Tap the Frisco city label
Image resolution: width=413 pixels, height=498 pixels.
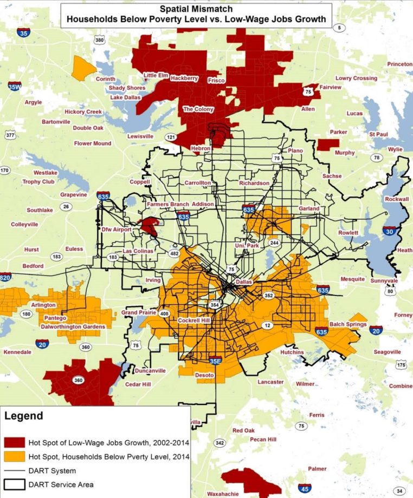(216, 80)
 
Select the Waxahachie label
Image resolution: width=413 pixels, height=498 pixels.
(225, 494)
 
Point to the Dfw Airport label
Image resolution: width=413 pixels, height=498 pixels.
(117, 230)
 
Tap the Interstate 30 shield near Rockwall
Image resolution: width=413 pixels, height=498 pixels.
(389, 231)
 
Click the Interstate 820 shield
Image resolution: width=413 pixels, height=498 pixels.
(5, 277)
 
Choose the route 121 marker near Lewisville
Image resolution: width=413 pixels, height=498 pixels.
(171, 137)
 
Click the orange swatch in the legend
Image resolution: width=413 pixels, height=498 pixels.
(17, 457)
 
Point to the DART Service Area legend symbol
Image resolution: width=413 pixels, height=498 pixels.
(17, 484)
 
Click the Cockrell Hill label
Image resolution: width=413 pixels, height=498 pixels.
(194, 320)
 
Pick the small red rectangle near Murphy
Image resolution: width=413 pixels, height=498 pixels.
(328, 145)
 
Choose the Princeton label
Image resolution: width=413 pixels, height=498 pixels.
(399, 64)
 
